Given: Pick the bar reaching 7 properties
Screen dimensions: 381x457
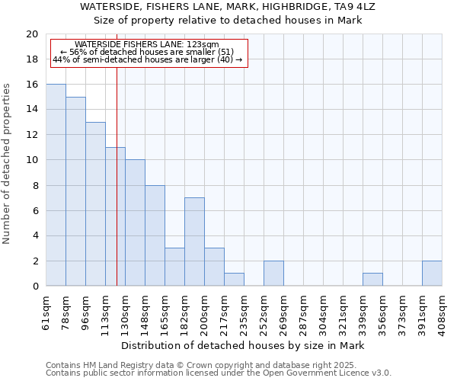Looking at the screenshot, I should [x=194, y=242].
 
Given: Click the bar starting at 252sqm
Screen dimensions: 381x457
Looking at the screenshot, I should [x=273, y=273].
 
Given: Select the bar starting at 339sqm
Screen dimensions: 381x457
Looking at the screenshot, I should [x=372, y=280].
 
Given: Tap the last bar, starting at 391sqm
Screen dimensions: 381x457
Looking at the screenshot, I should [x=432, y=273].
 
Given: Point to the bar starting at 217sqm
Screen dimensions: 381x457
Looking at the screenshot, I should [x=234, y=280].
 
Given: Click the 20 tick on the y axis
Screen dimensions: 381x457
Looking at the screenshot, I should [x=31, y=34].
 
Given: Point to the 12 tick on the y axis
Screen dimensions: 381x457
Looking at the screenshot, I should [x=31, y=135].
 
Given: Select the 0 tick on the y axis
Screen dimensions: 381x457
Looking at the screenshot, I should [x=34, y=286].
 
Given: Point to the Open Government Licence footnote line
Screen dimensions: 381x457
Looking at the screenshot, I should [x=219, y=373].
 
